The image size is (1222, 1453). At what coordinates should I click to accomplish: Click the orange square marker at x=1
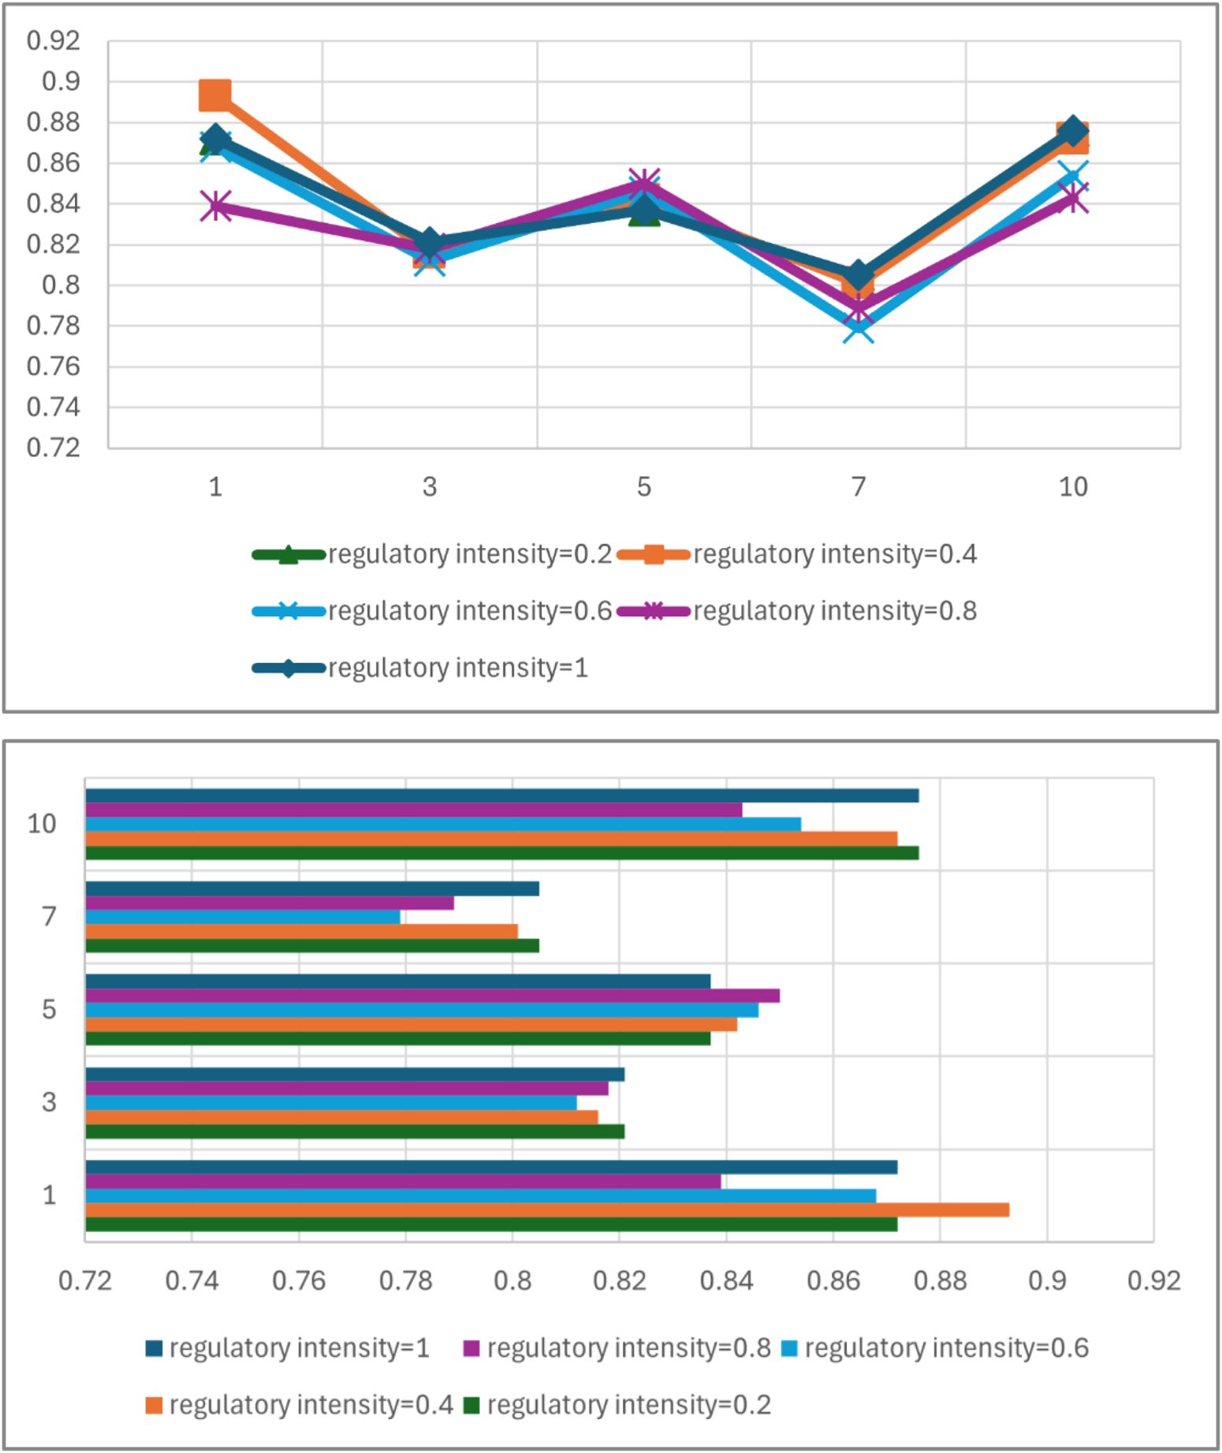(215, 95)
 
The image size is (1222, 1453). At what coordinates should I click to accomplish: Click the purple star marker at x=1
(215, 207)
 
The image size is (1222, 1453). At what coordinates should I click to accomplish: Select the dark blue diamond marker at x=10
(1073, 131)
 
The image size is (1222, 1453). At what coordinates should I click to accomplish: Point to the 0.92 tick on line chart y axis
(54, 40)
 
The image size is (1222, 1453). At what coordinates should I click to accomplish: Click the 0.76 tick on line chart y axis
(54, 366)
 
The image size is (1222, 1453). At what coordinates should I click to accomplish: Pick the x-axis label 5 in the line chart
(644, 486)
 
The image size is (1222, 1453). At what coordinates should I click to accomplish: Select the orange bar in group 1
(547, 1209)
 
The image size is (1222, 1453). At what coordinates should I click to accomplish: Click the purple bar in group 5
(432, 996)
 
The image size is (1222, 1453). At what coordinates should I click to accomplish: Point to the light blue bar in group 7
(243, 917)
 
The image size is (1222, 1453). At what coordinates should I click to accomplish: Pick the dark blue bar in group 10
(501, 795)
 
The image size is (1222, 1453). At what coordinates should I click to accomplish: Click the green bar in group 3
(355, 1131)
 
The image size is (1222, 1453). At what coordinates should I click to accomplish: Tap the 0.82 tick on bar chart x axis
(620, 1280)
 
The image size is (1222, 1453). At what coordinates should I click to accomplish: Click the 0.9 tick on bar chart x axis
(1047, 1280)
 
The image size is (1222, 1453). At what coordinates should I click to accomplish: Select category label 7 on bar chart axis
(49, 916)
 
